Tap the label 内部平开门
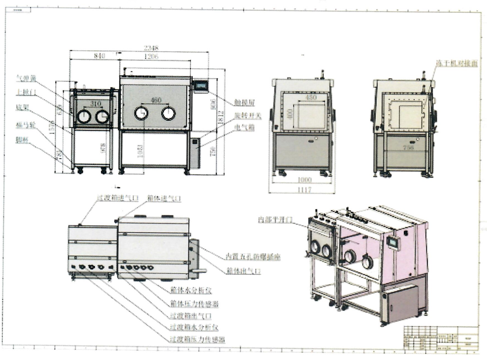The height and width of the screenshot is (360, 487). (275, 219)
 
